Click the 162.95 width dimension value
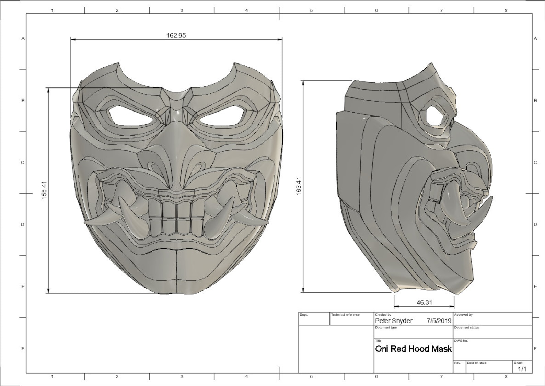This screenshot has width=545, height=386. pyautogui.click(x=176, y=35)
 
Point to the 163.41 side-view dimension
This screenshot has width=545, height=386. pyautogui.click(x=298, y=186)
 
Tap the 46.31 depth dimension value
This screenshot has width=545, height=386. pyautogui.click(x=424, y=302)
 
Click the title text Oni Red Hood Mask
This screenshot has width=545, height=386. pyautogui.click(x=413, y=349)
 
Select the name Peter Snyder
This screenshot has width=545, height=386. pyautogui.click(x=394, y=321)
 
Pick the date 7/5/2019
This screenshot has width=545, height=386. pyautogui.click(x=439, y=321)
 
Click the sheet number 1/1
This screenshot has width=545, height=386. pyautogui.click(x=522, y=369)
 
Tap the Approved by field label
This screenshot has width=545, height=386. pyautogui.click(x=463, y=315)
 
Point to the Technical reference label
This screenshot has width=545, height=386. pyautogui.click(x=345, y=315)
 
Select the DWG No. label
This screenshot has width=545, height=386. pyautogui.click(x=461, y=341)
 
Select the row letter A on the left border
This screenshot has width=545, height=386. pyautogui.click(x=23, y=38)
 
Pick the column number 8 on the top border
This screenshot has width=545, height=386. pyautogui.click(x=506, y=10)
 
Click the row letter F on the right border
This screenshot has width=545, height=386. pyautogui.click(x=535, y=349)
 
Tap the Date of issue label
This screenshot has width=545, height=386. pyautogui.click(x=476, y=363)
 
